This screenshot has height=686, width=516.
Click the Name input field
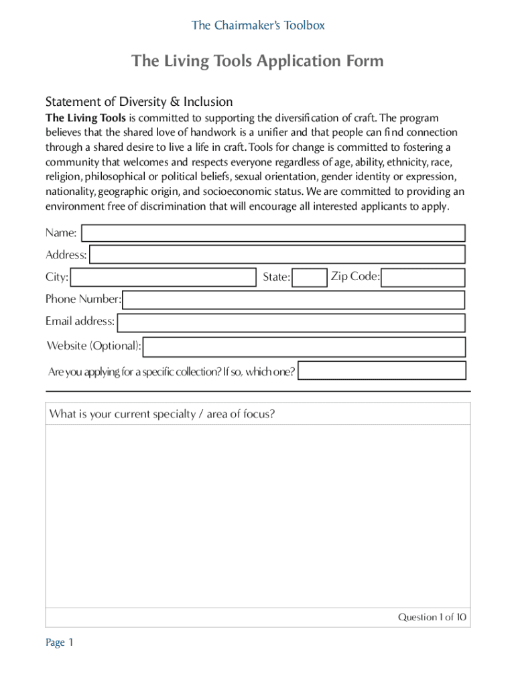point(273,233)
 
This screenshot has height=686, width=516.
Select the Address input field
point(277,255)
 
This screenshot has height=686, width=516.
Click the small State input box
point(310,277)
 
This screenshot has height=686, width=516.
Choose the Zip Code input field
point(424,277)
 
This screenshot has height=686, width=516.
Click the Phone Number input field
point(294,299)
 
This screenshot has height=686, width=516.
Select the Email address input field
point(290,322)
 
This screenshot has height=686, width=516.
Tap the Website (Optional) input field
point(304,347)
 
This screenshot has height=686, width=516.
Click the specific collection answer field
point(382,370)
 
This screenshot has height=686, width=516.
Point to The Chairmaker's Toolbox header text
point(258,25)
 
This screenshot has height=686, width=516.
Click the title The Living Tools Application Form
point(258,62)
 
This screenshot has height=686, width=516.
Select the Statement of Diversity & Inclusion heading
point(139,102)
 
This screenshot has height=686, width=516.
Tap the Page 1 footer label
point(59,642)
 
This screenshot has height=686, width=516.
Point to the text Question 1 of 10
point(432,617)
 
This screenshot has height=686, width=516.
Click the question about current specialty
point(162,414)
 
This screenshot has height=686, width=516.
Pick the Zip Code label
point(355,276)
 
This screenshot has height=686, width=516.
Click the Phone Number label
point(83,299)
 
